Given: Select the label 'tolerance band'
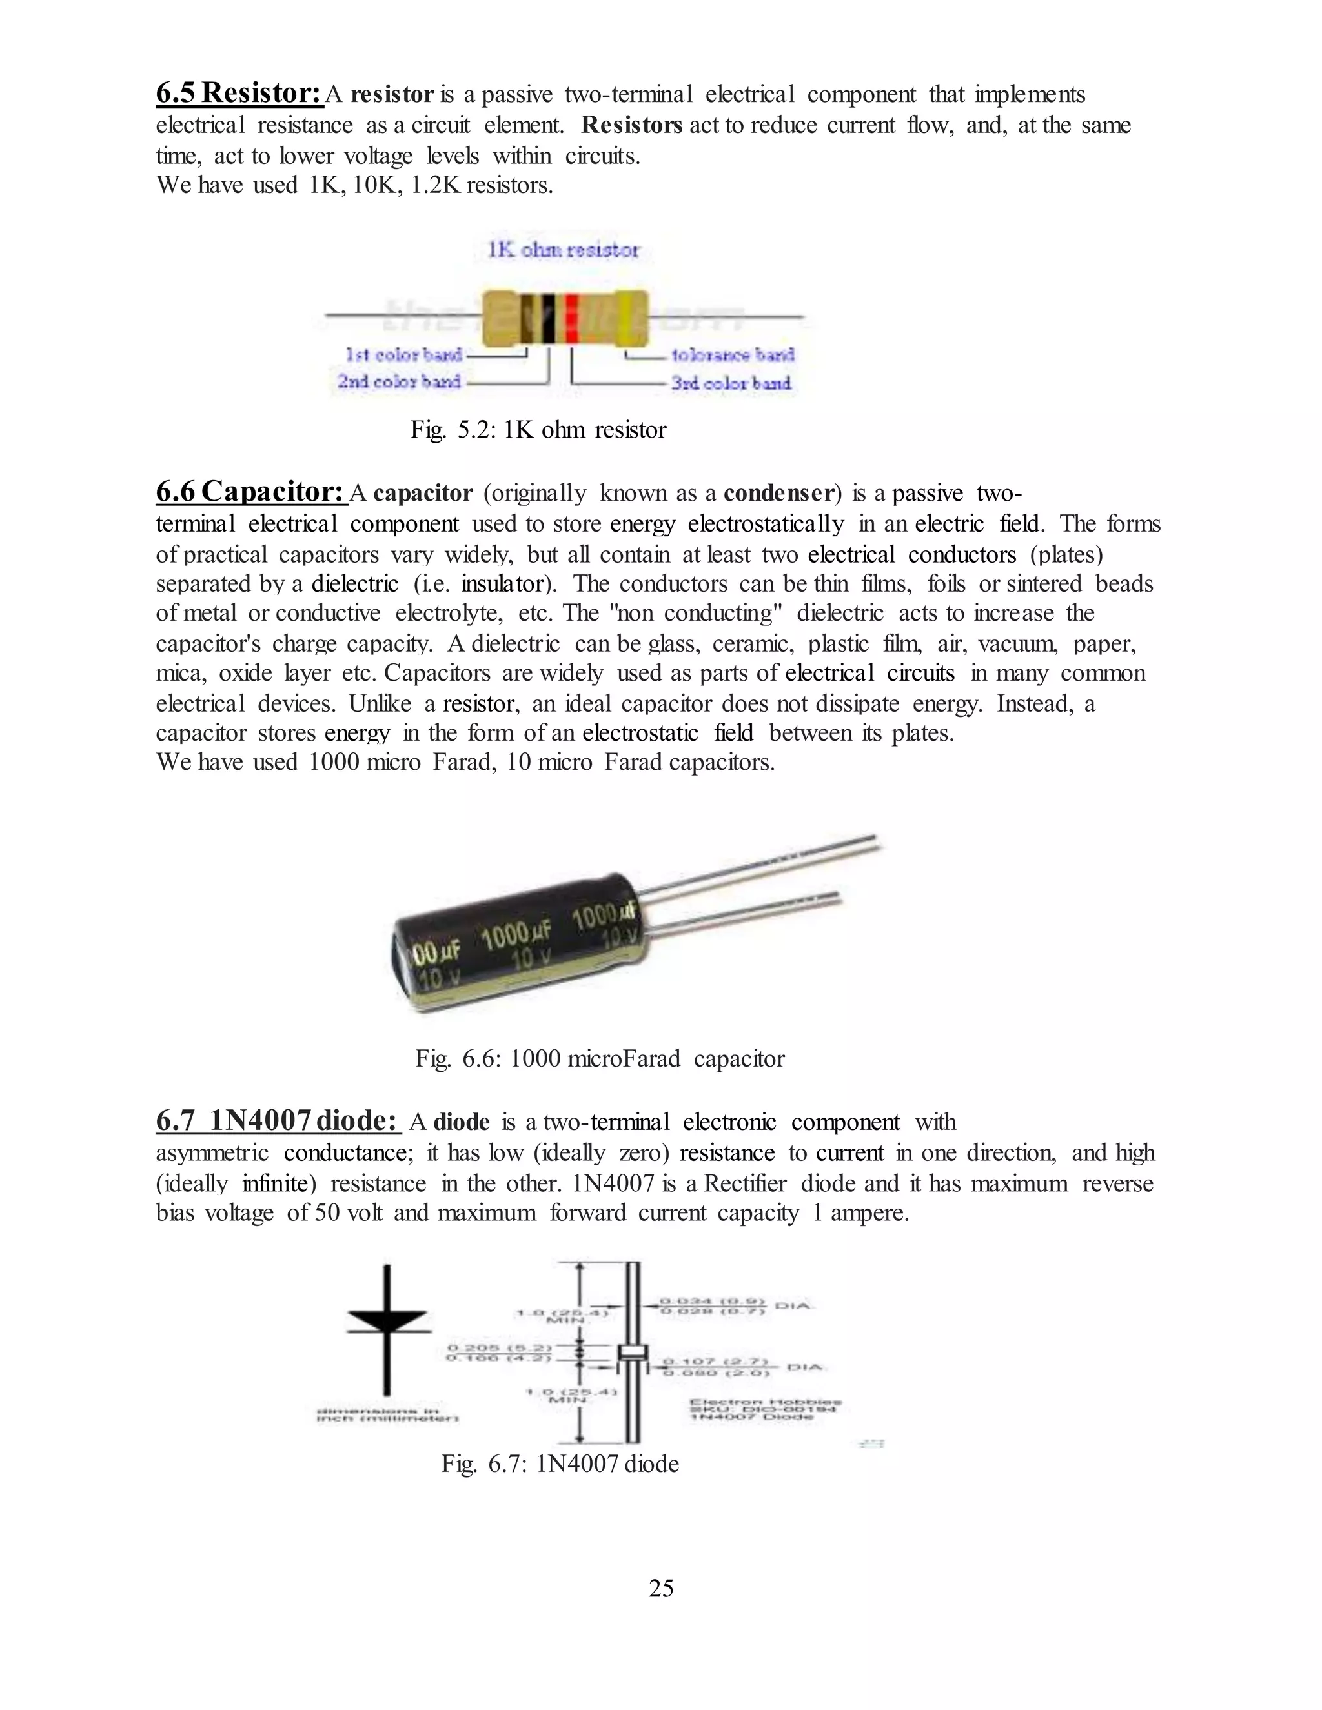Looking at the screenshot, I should click(732, 356).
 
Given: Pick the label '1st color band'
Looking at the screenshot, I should click(404, 356).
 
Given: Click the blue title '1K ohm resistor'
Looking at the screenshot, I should click(563, 250).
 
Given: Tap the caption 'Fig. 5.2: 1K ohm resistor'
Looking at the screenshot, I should click(538, 430).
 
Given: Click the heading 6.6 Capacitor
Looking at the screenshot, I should click(250, 492).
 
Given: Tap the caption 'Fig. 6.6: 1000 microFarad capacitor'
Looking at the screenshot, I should click(599, 1058).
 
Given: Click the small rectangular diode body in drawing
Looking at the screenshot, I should click(633, 1354).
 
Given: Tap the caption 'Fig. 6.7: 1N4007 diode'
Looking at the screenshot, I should click(559, 1464).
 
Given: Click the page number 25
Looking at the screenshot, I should click(661, 1588).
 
